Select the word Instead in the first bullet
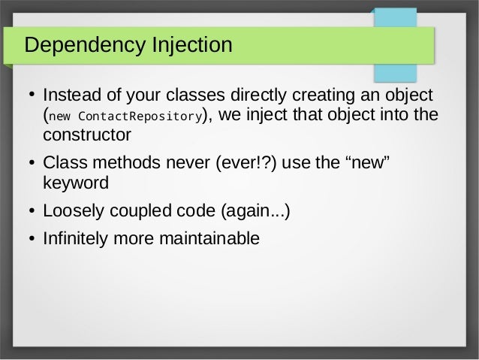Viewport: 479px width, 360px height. pyautogui.click(x=71, y=95)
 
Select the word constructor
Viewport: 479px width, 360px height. pyautogui.click(x=87, y=135)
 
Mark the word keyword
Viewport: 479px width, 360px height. pyautogui.click(x=76, y=183)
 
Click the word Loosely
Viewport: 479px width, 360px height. pyautogui.click(x=72, y=211)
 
